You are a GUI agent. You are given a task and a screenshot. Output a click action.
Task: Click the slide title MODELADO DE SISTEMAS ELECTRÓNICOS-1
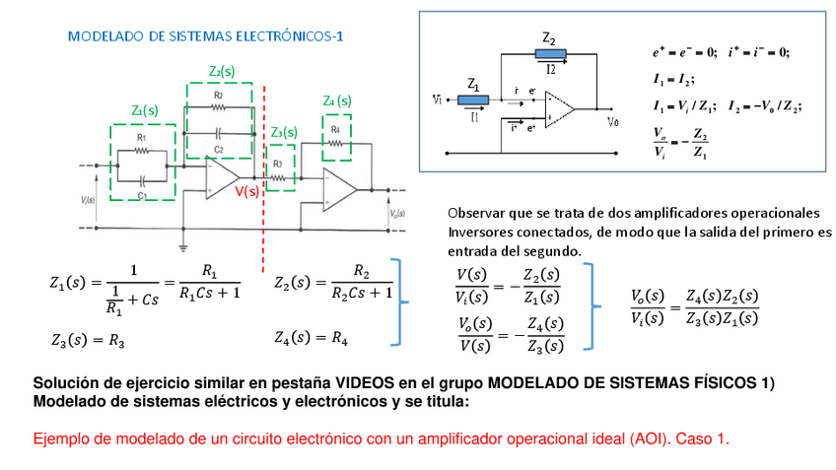pos(205,36)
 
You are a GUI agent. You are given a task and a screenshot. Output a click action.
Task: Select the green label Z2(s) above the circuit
pos(222,71)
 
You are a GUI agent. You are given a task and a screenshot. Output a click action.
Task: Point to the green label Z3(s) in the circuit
pos(283,132)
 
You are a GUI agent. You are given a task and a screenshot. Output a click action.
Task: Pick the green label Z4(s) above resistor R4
pos(336,101)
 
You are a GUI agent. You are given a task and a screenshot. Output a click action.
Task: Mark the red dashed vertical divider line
pos(263,177)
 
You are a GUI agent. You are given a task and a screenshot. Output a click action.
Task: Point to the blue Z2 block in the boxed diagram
pos(549,54)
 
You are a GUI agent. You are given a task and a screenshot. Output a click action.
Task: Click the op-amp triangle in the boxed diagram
pos(559,109)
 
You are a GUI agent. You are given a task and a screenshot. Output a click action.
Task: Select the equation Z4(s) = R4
pos(311,337)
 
